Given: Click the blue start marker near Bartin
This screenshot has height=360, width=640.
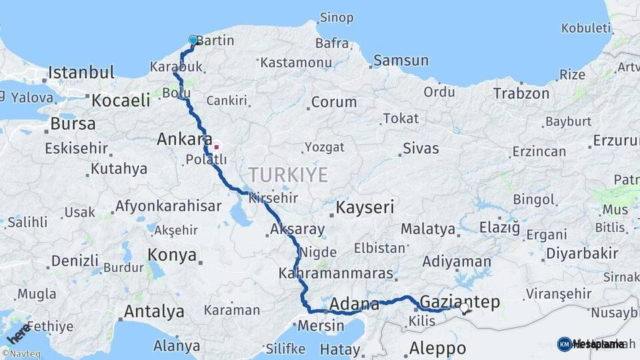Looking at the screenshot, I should (x=193, y=40).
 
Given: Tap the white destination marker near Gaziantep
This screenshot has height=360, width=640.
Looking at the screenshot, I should (x=465, y=307).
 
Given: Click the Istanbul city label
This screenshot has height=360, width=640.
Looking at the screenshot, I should (x=81, y=72).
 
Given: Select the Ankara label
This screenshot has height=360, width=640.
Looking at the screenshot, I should (x=179, y=140).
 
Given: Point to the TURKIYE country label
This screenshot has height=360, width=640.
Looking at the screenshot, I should (x=288, y=175).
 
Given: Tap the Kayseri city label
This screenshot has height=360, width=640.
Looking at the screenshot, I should (x=365, y=207).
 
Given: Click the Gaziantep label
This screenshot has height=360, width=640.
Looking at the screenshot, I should (x=460, y=302).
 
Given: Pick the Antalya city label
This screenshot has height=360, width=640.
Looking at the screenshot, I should (x=154, y=311).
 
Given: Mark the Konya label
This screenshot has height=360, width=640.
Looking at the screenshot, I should (x=172, y=255).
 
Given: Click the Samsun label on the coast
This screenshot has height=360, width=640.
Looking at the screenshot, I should (x=401, y=61).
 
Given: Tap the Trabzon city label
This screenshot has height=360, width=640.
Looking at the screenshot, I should (x=521, y=93).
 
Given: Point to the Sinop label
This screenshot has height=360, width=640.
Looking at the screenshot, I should (x=336, y=18).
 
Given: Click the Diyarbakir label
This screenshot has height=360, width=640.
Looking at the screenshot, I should (x=582, y=253).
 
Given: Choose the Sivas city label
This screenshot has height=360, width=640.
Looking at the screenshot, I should (x=421, y=148).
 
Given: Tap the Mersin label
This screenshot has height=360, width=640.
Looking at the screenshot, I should (x=321, y=326).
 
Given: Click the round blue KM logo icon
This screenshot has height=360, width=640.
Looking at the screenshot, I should (x=564, y=344).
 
